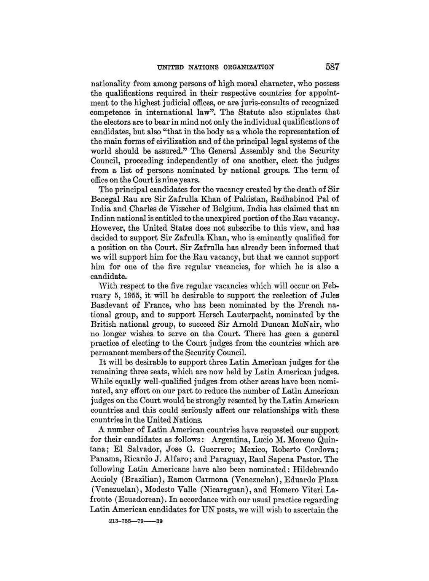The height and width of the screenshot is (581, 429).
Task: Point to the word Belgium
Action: [x=228, y=209]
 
